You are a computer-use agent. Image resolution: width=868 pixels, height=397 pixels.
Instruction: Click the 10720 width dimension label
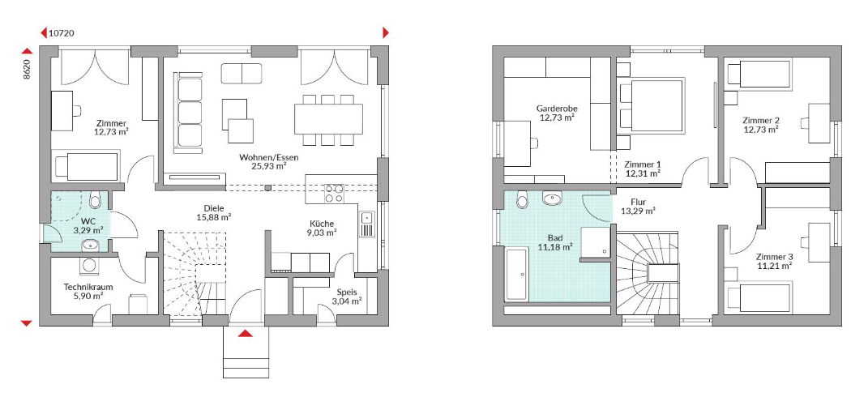pyautogui.click(x=62, y=33)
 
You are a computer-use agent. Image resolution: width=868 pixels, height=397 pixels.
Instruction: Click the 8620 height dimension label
pyautogui.click(x=27, y=70)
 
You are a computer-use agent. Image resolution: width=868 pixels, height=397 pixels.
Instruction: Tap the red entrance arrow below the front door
pyautogui.click(x=246, y=333)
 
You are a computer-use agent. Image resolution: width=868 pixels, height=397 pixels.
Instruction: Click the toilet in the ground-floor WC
pyautogui.click(x=95, y=200)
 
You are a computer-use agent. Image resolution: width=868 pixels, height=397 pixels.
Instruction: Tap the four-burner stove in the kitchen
pyautogui.click(x=334, y=193)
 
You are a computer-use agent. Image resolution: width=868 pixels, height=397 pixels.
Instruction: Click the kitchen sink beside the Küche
pyautogui.click(x=366, y=224)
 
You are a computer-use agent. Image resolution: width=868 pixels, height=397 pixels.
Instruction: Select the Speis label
pyautogui.click(x=347, y=292)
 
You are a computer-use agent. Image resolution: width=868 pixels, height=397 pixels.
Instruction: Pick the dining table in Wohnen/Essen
pyautogui.click(x=329, y=118)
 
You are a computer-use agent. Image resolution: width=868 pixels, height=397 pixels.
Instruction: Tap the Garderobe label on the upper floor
pyautogui.click(x=556, y=109)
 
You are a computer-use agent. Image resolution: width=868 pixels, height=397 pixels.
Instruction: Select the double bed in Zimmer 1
pyautogui.click(x=651, y=106)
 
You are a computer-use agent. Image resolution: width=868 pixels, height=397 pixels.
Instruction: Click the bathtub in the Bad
pyautogui.click(x=516, y=275)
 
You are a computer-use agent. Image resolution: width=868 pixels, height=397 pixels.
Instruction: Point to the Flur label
pyautogui.click(x=639, y=202)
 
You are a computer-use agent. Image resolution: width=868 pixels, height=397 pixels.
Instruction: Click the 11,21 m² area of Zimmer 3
pyautogui.click(x=775, y=266)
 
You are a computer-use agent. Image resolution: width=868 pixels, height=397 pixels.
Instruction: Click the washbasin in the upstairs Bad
pyautogui.click(x=552, y=198)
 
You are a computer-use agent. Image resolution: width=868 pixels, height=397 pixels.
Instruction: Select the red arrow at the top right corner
pyautogui.click(x=386, y=32)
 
